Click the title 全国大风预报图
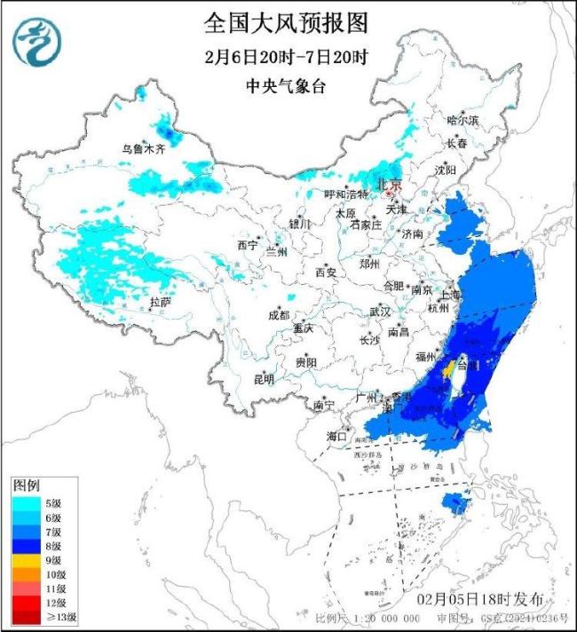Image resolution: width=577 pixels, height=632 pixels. point(285,22)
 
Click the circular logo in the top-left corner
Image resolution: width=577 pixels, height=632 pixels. point(35,42)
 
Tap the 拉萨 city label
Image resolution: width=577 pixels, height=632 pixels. point(160,303)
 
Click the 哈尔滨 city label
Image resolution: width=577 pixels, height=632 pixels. point(462,119)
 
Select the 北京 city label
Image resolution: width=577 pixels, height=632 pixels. point(391,185)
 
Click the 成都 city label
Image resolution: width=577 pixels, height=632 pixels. point(279,315)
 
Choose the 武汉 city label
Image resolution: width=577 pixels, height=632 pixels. point(380,312)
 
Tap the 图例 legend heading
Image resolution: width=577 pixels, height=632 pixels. point(25,486)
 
